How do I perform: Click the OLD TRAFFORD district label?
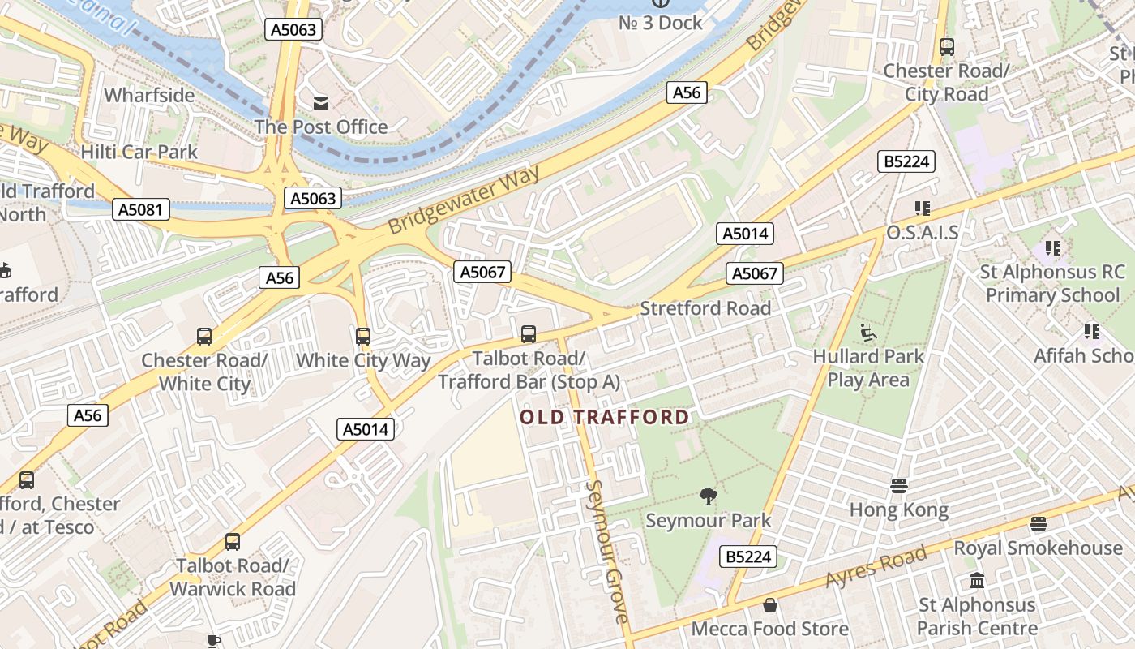coord(604,418)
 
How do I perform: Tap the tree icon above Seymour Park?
coord(709,496)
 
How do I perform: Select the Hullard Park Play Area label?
coord(868,367)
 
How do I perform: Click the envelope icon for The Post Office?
coord(321,103)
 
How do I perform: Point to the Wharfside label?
coord(149,95)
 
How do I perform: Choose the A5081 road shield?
coord(140,210)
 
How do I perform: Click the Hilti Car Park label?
coord(139,152)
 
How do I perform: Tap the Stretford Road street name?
coord(705,308)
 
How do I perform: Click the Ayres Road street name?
coord(876,568)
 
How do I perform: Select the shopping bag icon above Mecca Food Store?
coord(769,605)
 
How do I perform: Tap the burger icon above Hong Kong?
coord(898,486)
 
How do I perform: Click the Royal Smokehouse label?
coord(1038,548)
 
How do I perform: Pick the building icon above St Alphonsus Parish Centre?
coord(977,581)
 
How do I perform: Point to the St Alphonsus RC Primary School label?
coord(1052,283)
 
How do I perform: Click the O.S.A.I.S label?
coord(922,233)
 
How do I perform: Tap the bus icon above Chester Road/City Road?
coord(946,47)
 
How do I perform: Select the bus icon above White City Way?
coord(362,336)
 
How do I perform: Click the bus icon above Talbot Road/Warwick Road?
coord(233,541)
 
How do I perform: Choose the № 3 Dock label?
coord(660,23)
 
